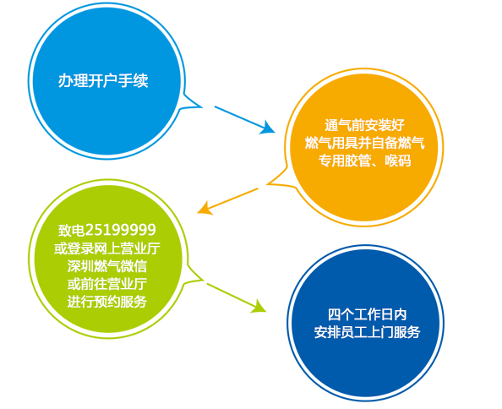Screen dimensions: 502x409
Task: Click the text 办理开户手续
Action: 103,80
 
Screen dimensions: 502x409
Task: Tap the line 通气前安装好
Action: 364,124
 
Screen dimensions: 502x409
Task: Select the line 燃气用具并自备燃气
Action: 364,143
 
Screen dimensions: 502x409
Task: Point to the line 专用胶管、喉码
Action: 364,160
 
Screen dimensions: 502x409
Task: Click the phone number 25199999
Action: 121,230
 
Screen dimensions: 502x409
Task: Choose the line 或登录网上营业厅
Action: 107,248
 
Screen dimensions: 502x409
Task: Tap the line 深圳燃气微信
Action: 107,265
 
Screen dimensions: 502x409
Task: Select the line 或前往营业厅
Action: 107,284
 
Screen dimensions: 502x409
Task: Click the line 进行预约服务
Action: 107,302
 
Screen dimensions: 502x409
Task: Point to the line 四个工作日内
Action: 368,314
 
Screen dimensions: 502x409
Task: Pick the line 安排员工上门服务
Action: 368,332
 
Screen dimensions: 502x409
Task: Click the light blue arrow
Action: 244,119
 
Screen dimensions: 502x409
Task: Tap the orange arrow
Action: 227,200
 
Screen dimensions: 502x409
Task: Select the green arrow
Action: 237,297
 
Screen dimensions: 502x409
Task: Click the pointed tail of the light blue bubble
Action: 202,106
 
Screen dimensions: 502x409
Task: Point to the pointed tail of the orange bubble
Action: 268,184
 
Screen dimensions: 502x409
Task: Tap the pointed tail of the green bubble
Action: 203,280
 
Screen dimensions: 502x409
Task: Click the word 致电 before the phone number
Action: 71,230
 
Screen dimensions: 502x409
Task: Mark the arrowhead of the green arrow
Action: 260,307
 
